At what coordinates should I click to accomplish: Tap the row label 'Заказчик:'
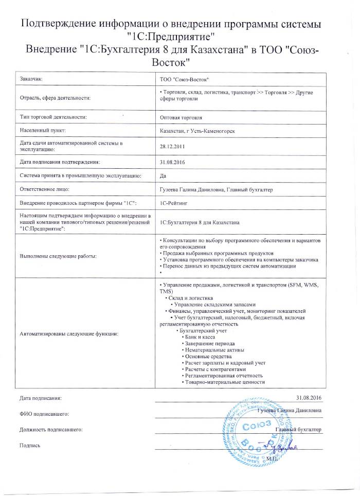point(32,79)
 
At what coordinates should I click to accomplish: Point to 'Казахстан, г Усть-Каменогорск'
point(198,131)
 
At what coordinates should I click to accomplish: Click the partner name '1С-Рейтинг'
point(174,204)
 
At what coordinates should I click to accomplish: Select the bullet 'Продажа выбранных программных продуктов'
point(220,254)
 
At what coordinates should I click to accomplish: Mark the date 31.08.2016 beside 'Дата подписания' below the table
point(309,398)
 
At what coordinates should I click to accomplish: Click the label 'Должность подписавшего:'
point(51,429)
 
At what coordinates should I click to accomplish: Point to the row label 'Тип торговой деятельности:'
point(53,117)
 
